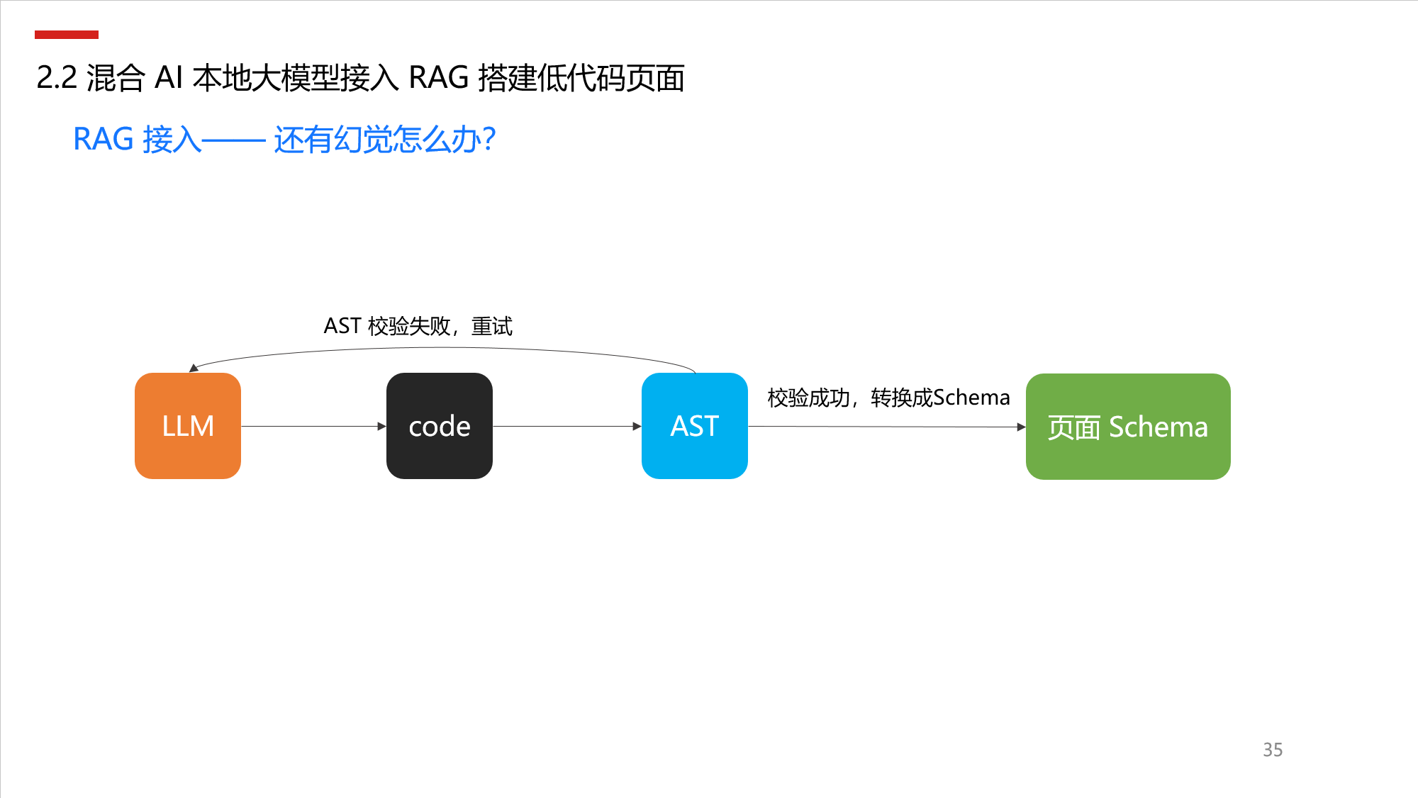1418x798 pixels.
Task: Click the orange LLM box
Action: point(188,426)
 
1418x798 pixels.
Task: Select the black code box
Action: point(440,426)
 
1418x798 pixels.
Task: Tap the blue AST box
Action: point(695,426)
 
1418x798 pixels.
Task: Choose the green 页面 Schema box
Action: point(1128,427)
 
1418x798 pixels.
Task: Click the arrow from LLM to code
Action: point(313,426)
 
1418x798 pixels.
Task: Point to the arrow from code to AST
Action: point(567,426)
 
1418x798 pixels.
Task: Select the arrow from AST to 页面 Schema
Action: point(887,427)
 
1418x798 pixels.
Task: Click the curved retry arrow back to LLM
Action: point(443,348)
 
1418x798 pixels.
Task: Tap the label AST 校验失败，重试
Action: point(418,326)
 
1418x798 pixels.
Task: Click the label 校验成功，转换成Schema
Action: point(888,398)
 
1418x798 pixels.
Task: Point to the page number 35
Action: point(1273,750)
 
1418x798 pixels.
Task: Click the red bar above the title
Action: point(67,35)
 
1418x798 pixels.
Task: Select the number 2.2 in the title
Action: point(57,78)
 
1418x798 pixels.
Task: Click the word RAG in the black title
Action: point(439,78)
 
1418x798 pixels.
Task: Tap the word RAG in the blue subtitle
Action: point(104,139)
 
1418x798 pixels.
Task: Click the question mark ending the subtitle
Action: point(488,139)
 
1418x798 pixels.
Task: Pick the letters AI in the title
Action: point(169,78)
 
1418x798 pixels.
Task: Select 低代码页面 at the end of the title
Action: point(611,78)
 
